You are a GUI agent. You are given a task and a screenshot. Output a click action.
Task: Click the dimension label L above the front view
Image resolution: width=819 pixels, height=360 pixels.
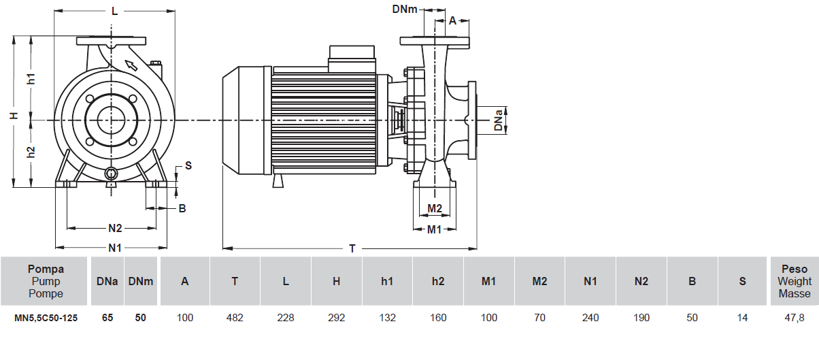coord(114,11)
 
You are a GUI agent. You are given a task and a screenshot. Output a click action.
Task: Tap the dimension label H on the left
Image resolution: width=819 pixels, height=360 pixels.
coord(13,116)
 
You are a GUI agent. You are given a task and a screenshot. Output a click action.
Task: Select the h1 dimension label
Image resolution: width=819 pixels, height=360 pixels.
coord(31,78)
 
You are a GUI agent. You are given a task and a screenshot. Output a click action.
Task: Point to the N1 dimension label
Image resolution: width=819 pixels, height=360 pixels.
coord(114,247)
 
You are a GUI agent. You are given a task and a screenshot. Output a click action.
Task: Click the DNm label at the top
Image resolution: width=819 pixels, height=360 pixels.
coord(405,9)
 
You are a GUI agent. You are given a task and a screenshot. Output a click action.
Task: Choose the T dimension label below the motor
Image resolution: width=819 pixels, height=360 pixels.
coord(352,248)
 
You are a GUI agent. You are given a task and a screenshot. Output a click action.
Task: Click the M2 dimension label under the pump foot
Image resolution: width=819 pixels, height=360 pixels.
coord(435,208)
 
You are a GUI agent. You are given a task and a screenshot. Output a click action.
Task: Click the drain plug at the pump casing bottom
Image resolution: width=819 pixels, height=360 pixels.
coord(112,175)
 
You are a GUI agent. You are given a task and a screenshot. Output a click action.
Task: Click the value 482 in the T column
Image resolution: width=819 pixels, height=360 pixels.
coord(235,318)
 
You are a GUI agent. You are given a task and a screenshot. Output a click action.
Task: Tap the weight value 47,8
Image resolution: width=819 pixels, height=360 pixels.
coord(795,318)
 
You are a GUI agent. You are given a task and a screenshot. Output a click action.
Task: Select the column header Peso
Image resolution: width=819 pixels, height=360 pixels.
coord(795,269)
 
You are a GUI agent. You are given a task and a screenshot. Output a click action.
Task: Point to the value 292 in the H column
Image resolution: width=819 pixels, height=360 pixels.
coord(336,318)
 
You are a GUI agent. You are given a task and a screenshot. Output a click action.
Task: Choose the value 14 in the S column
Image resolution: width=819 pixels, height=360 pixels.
coord(743,318)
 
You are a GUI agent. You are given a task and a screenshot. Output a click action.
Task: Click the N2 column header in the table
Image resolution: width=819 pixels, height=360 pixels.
coord(641,281)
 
